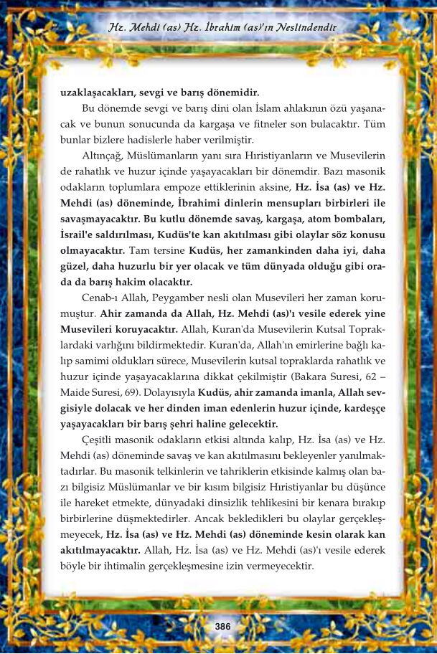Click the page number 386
tap(222, 626)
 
